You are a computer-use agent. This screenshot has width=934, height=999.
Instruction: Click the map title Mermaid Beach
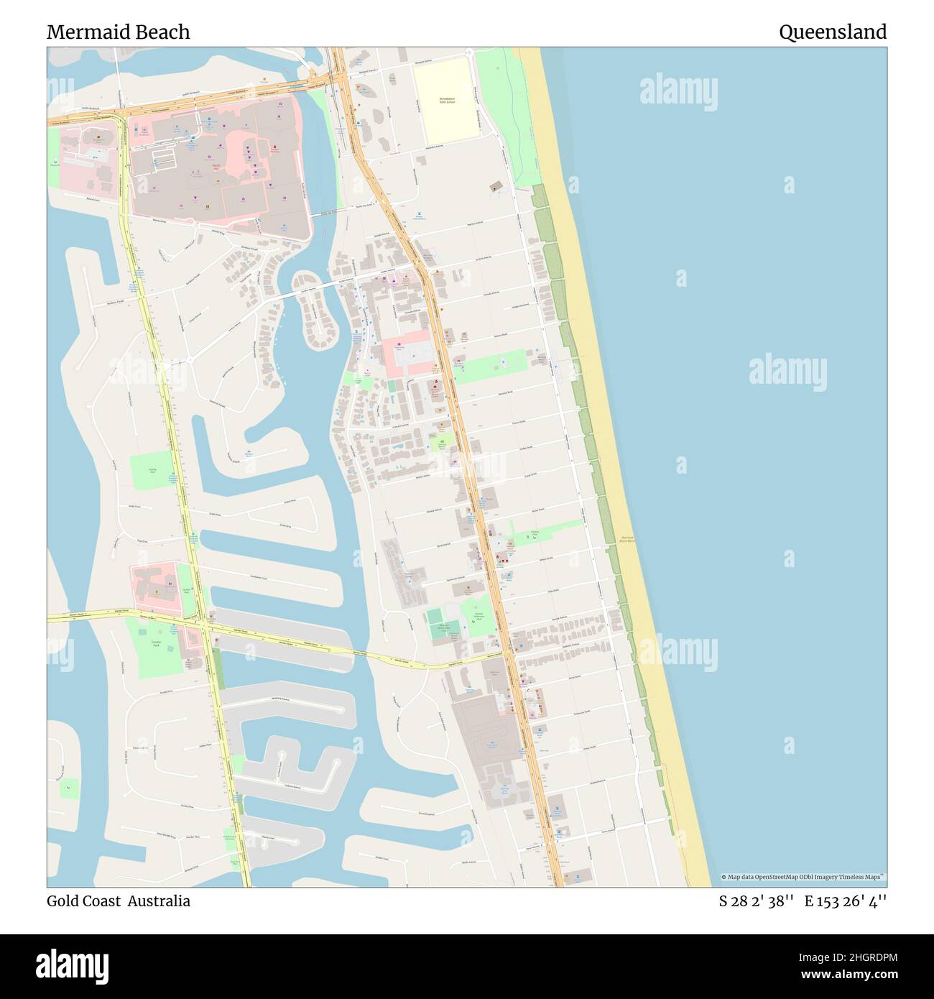[x=119, y=32]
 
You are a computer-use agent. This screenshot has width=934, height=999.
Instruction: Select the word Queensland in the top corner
[x=833, y=32]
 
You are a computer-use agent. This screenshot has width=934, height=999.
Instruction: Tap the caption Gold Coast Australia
[x=119, y=901]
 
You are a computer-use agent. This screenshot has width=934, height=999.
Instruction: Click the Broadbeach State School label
[x=447, y=101]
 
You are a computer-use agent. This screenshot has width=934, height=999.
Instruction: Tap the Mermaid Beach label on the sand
[x=626, y=538]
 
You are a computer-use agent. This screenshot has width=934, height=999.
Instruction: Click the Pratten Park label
[x=535, y=532]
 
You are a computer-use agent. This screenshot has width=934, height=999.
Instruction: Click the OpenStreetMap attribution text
[x=804, y=877]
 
